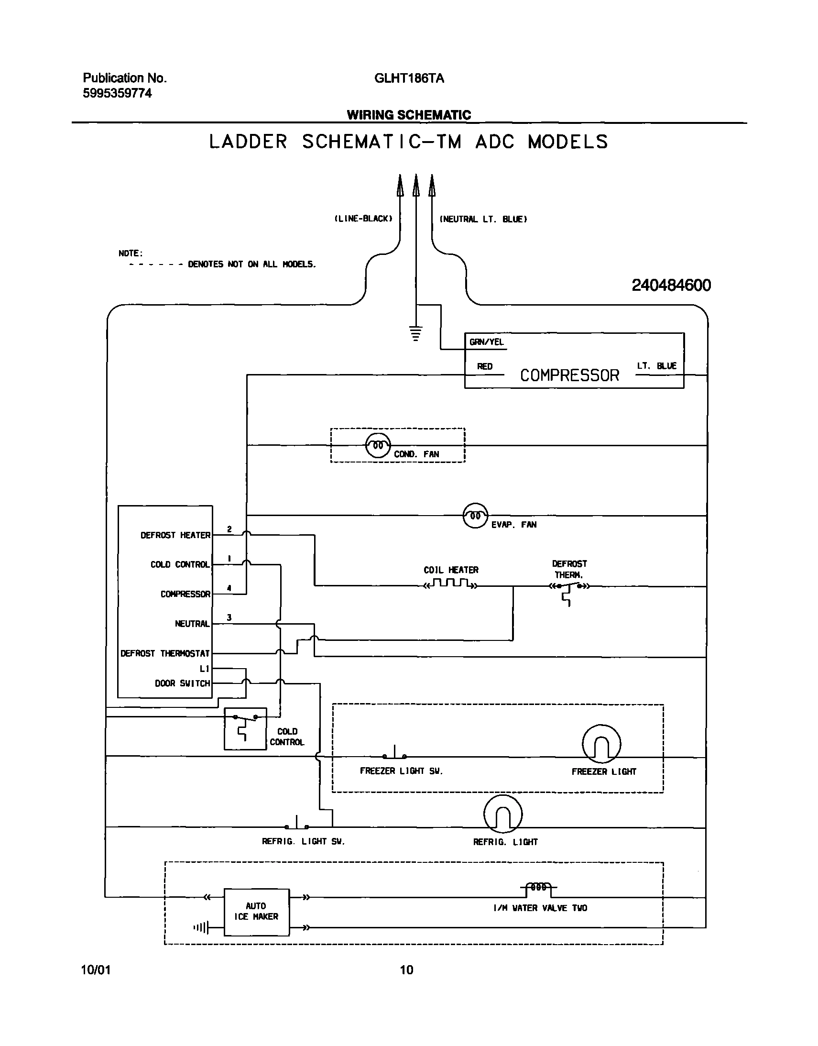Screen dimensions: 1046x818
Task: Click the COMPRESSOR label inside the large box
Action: [569, 375]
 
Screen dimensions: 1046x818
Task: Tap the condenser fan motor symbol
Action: [378, 445]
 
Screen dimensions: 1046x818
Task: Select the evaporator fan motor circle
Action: [475, 516]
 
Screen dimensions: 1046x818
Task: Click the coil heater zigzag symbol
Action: [450, 584]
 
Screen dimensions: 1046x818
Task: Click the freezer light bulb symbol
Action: [601, 744]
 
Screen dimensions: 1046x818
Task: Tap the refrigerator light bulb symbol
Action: [503, 814]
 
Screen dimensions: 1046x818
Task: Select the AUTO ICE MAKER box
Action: [257, 912]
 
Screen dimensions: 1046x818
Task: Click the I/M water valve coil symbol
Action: [538, 888]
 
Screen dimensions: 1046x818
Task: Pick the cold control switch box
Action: [245, 728]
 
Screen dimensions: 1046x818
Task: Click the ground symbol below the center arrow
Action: [416, 333]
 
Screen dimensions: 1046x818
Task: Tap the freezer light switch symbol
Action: [394, 754]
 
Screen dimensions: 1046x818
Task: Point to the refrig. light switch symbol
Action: [296, 824]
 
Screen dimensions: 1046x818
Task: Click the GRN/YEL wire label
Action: [486, 341]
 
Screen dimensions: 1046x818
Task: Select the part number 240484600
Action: [671, 286]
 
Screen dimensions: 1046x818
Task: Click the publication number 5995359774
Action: [117, 93]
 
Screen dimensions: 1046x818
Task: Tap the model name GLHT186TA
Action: [409, 78]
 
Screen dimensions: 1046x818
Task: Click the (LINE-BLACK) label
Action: [363, 219]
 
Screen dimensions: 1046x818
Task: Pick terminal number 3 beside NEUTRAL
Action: [229, 617]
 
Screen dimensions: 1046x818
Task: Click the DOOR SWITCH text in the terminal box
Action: [182, 683]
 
